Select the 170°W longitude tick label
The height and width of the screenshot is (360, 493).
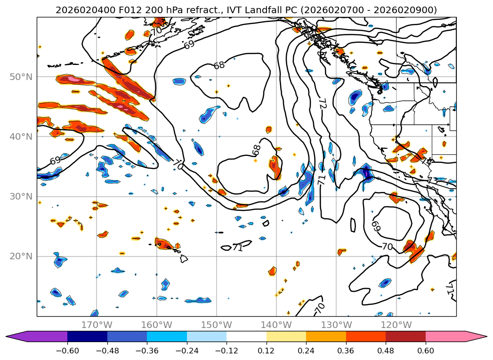97,325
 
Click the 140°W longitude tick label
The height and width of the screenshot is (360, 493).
276,325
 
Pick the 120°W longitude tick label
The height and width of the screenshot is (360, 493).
396,325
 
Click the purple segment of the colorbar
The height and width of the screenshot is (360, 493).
45,336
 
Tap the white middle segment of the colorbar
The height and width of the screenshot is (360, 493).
246,336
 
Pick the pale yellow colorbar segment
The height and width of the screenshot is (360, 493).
286,336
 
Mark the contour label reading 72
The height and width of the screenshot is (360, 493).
323,104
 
